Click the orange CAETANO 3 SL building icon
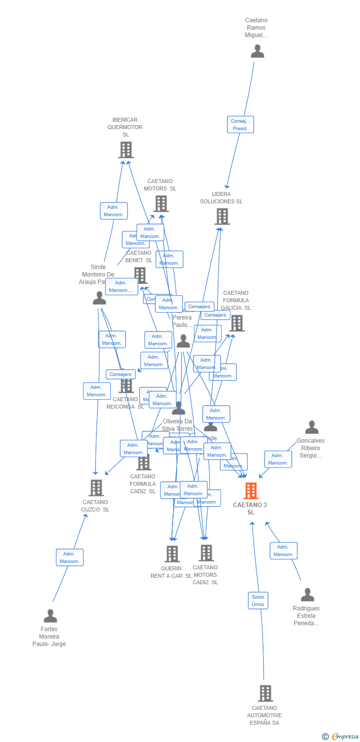251,491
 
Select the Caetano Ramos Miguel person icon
257,51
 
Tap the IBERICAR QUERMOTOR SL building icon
126,150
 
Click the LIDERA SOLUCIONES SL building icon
222,216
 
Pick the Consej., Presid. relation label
241,125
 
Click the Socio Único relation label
258,601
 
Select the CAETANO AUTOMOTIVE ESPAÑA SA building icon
265,694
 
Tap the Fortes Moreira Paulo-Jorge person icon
50,616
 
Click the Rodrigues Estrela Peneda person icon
307,595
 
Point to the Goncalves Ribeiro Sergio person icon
312,427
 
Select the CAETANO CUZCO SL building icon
96,488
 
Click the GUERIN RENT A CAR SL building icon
172,554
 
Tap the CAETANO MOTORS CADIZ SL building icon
206,553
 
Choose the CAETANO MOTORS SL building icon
161,203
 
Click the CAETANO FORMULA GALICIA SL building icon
236,324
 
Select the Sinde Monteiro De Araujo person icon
99,298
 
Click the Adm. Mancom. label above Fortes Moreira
70,557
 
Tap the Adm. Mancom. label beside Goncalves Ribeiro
278,459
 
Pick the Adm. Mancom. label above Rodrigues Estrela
283,551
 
